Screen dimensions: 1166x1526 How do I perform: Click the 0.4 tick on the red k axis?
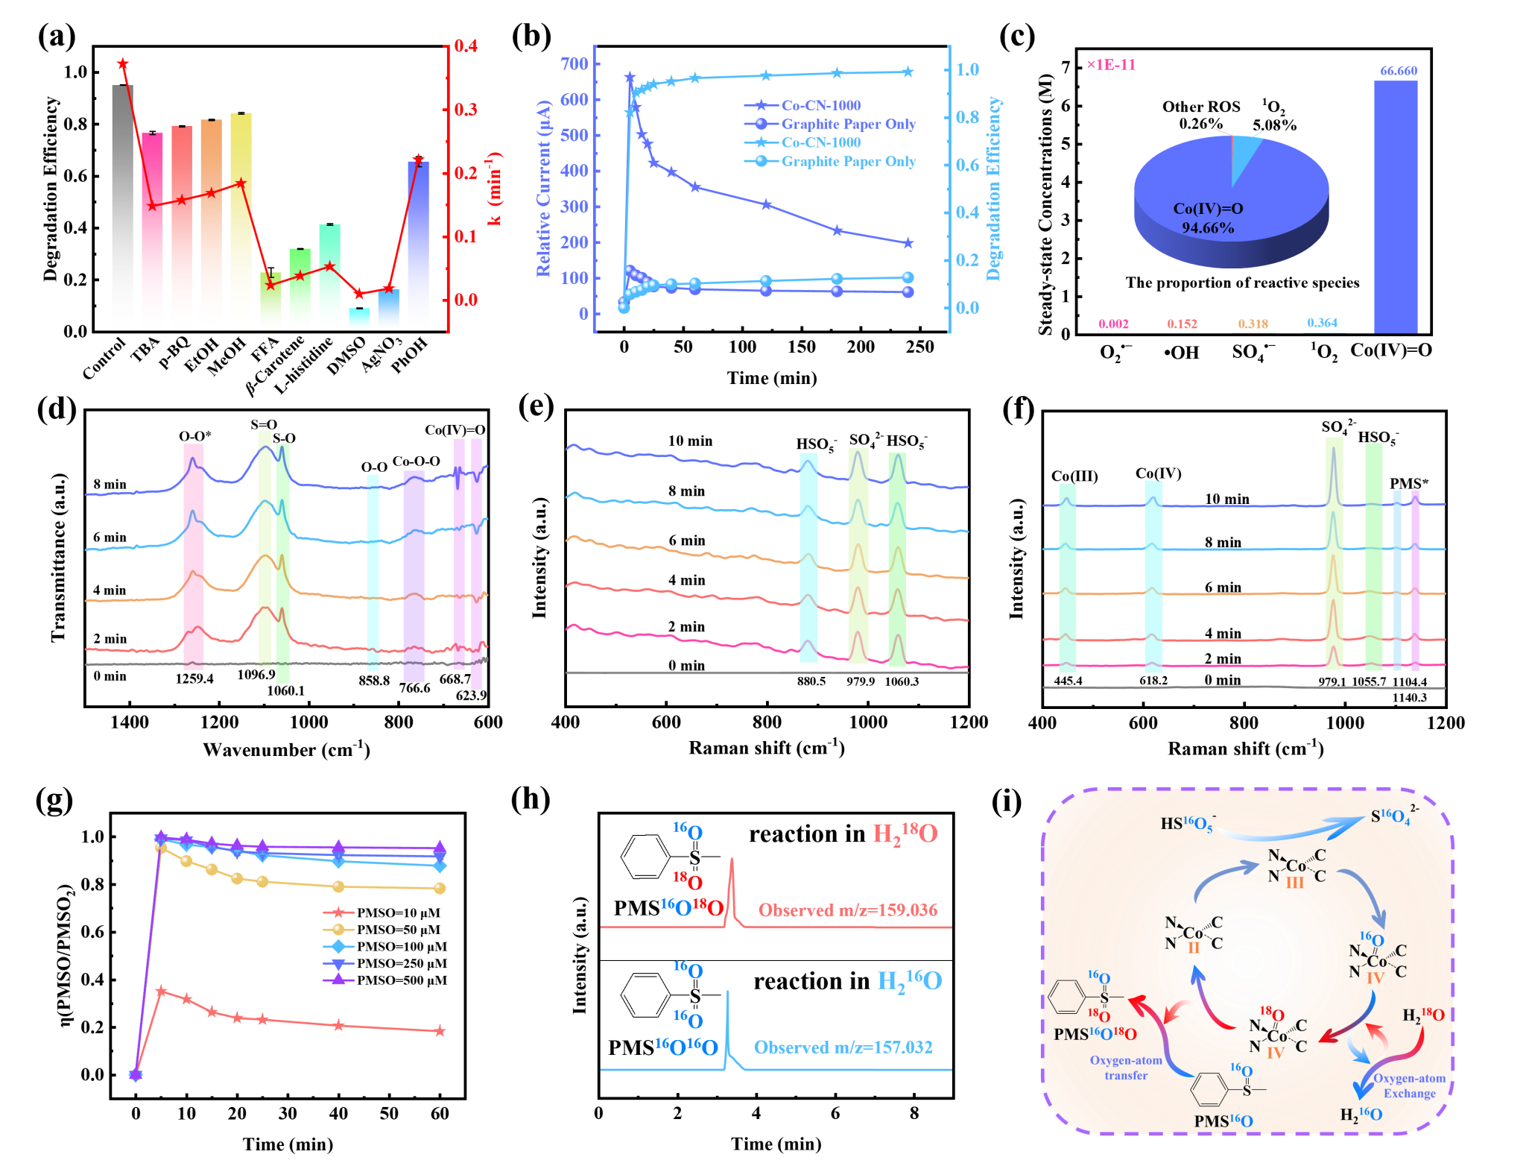click(x=466, y=46)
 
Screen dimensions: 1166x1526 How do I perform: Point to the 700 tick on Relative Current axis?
click(x=574, y=64)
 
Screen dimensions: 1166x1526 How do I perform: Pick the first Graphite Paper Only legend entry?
click(x=847, y=125)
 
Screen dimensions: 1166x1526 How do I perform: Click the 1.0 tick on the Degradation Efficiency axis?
click(x=967, y=70)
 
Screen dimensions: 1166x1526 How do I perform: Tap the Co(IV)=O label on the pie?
click(x=1208, y=209)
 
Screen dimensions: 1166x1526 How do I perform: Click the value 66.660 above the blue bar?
click(x=1399, y=71)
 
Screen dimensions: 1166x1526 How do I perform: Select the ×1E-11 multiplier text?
click(x=1111, y=65)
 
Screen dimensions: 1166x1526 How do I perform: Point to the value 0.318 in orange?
click(x=1253, y=324)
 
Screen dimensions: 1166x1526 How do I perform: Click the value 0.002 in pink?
click(x=1113, y=324)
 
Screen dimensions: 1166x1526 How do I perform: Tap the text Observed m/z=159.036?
click(x=847, y=910)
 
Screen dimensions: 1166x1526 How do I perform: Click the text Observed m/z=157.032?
click(x=843, y=1047)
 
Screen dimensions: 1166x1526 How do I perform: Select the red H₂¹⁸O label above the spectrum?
click(x=905, y=833)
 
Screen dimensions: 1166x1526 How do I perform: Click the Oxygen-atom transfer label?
click(x=1126, y=1068)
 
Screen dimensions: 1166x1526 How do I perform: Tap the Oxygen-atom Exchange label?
click(x=1409, y=1085)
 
